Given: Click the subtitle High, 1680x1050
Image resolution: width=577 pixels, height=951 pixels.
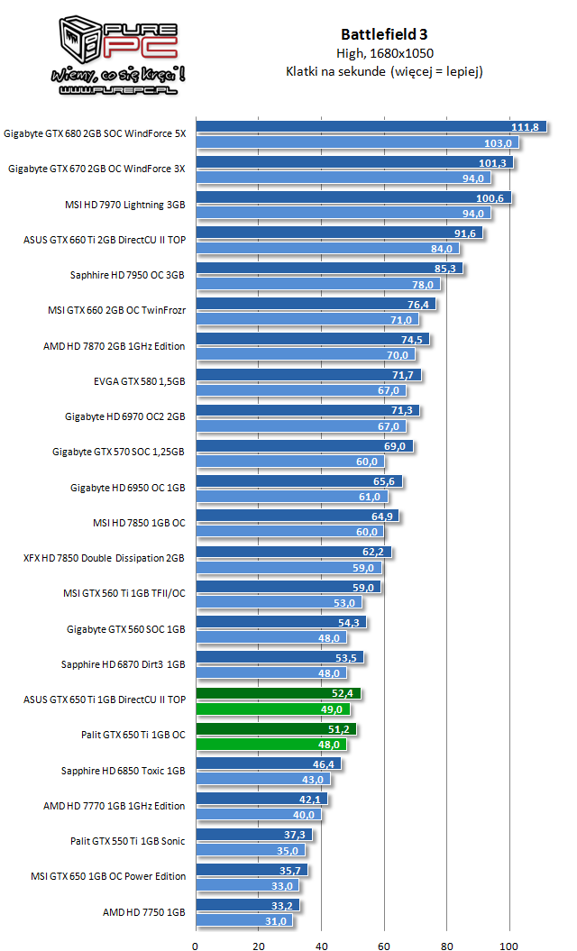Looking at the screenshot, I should click(384, 54).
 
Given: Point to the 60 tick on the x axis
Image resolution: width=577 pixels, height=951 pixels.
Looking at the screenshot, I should click(384, 946).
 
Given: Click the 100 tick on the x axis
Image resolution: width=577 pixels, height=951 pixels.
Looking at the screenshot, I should click(510, 946).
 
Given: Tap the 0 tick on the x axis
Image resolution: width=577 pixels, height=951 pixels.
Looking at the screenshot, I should click(196, 946).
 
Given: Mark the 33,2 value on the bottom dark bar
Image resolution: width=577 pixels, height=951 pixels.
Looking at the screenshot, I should click(284, 905).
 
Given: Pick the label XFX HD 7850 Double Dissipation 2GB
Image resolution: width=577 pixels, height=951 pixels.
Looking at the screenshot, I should click(104, 558).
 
